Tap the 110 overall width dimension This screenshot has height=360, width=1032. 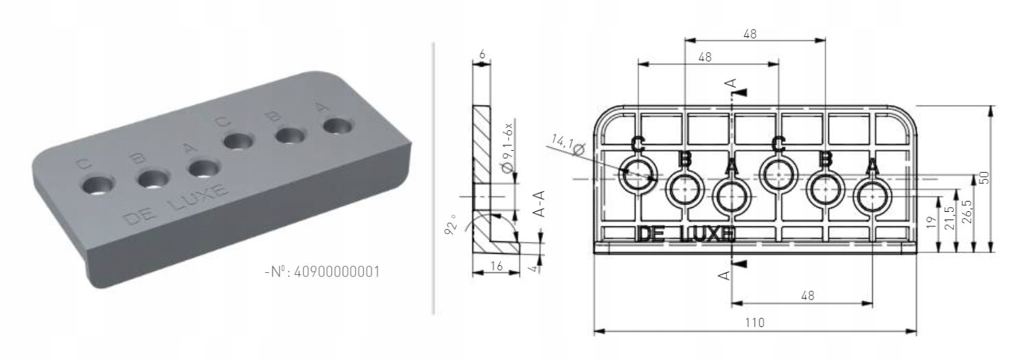(755, 323)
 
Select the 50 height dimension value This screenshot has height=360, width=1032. (983, 178)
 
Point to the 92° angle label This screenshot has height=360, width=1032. (451, 224)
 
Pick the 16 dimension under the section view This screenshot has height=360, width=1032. (496, 266)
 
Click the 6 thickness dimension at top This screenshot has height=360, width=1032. (482, 54)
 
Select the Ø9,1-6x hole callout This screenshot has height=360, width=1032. (507, 148)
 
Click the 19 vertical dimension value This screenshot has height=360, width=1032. (931, 223)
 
